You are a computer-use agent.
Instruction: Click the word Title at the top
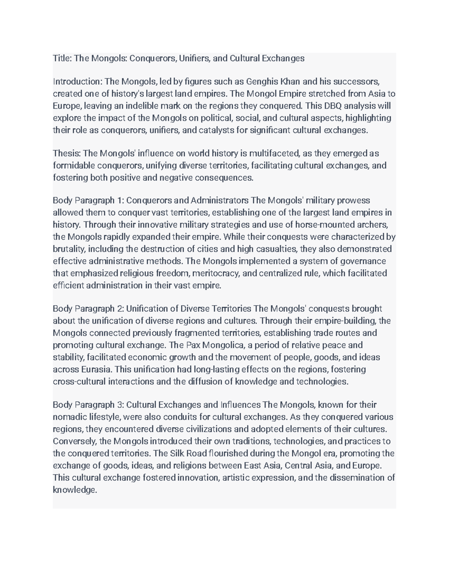[x=61, y=58]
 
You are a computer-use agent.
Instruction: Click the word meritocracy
[x=216, y=273]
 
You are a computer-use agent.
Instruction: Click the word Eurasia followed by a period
[x=97, y=370]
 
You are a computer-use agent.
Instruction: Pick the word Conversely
[x=74, y=441]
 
